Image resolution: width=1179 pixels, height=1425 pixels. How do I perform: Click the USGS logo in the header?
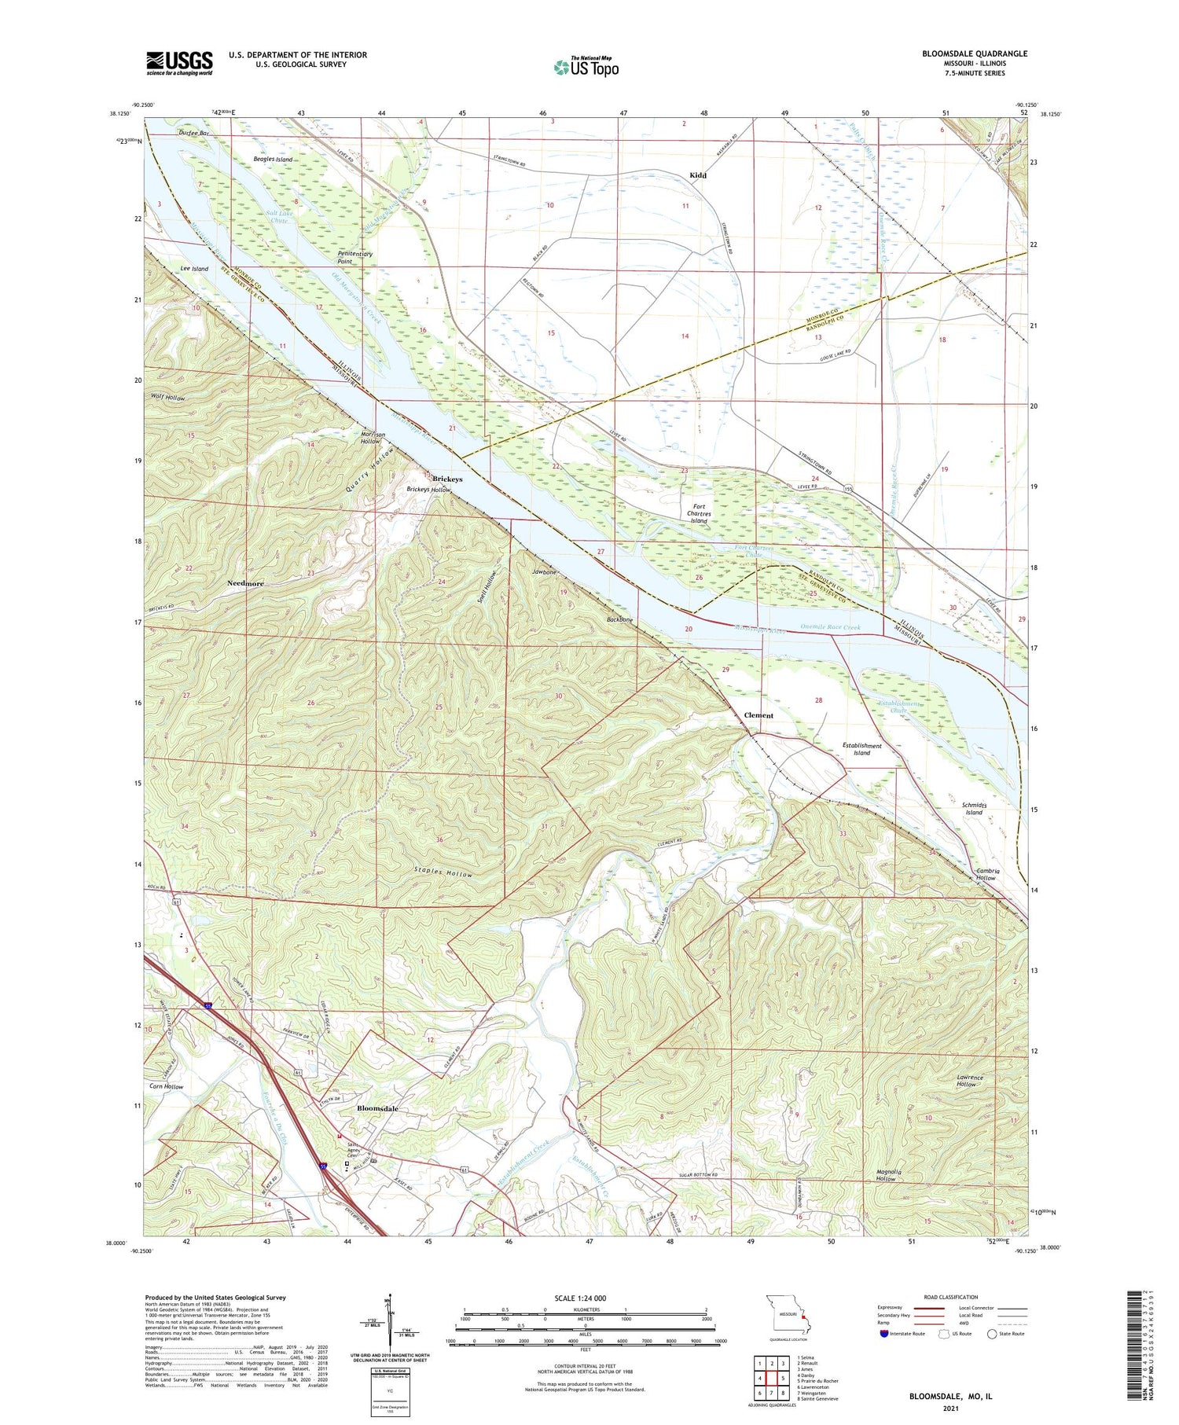tap(179, 63)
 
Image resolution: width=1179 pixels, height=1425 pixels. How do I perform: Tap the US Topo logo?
tap(586, 67)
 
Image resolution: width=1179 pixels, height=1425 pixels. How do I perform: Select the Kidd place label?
tap(697, 175)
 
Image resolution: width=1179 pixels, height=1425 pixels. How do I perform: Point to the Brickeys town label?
tap(447, 479)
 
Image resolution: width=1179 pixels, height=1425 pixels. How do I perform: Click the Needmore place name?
tap(245, 583)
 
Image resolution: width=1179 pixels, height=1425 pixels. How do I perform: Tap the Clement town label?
tap(758, 715)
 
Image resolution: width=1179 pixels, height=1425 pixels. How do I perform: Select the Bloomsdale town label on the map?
tap(377, 1108)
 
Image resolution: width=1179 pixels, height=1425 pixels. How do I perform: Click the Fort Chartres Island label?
tap(699, 514)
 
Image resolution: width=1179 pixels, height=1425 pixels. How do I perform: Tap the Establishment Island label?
tap(861, 749)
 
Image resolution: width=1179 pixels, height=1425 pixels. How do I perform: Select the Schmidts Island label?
tap(973, 809)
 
